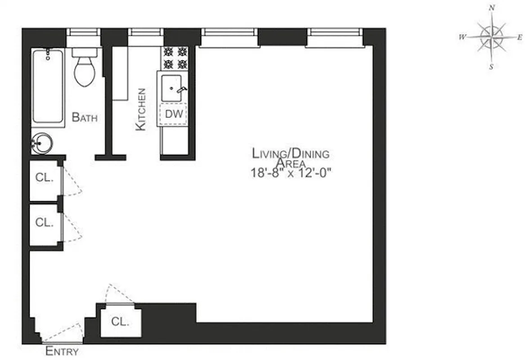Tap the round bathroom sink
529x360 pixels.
tap(41, 144)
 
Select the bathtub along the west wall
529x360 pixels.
tap(48, 86)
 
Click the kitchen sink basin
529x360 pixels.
tap(171, 88)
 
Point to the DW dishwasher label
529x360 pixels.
tap(174, 114)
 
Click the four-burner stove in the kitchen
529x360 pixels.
tap(176, 58)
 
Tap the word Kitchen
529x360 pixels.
tap(141, 109)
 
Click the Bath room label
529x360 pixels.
tap(85, 118)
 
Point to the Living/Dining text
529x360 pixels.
tap(290, 153)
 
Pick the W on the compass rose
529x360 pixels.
tap(462, 37)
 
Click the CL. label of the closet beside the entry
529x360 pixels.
tap(120, 322)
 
